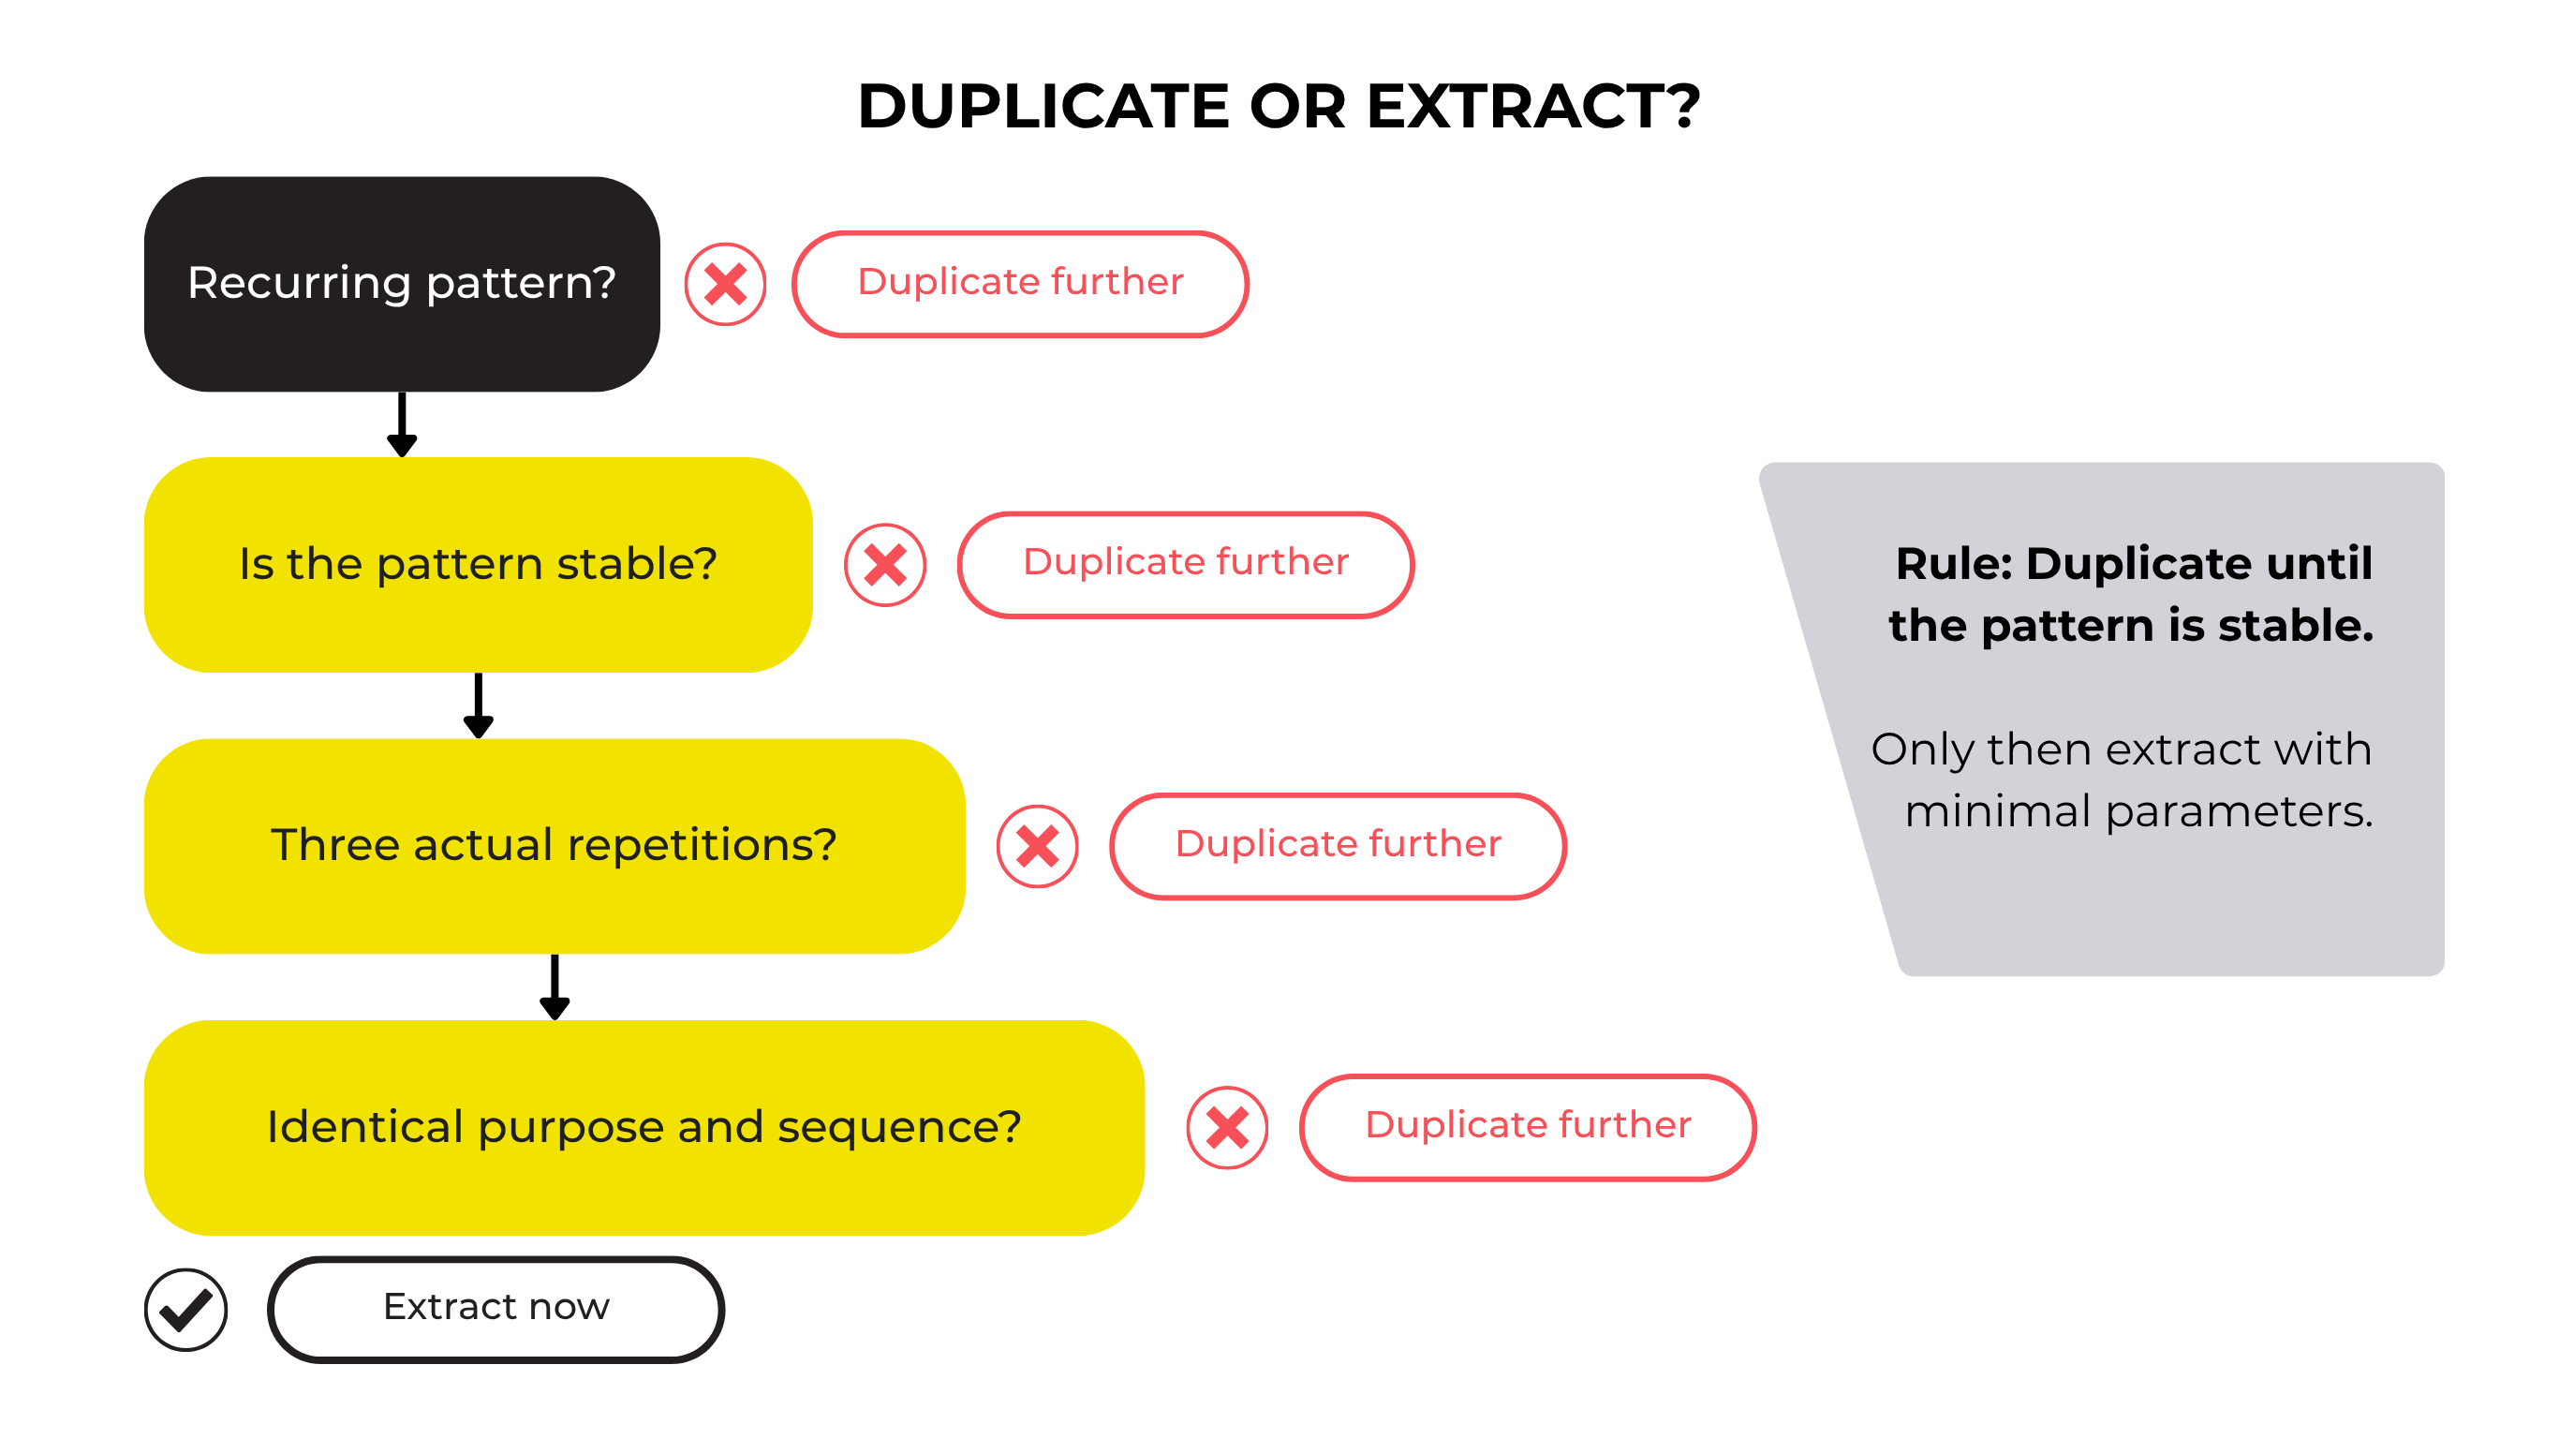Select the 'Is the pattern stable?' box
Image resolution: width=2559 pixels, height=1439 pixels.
click(x=478, y=565)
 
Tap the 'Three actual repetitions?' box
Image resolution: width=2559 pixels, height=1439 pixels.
click(x=555, y=846)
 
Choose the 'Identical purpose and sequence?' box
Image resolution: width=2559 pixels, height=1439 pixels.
click(x=643, y=1127)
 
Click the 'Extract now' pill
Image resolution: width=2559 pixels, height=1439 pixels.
click(x=496, y=1309)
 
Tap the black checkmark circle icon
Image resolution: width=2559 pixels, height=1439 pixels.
click(x=185, y=1309)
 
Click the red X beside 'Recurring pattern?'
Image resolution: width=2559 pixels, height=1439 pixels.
click(x=725, y=284)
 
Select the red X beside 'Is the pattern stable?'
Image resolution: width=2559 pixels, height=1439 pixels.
click(x=885, y=565)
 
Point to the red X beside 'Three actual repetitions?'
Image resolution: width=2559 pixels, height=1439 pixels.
click(x=1037, y=846)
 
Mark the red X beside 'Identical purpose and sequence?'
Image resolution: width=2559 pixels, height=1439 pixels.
click(x=1227, y=1127)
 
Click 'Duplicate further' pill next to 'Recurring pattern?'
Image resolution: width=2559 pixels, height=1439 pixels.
click(x=1020, y=284)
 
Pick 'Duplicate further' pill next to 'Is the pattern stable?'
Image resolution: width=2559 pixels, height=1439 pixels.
click(x=1186, y=565)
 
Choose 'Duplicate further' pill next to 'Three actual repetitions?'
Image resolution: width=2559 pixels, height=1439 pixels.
click(x=1339, y=846)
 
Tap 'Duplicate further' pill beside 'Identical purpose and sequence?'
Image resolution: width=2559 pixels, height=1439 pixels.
click(x=1528, y=1127)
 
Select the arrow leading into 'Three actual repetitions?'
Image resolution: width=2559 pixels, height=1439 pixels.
click(x=478, y=705)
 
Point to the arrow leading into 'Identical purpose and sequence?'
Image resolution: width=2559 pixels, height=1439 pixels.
click(x=555, y=987)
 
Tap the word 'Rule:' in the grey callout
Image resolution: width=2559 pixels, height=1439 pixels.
click(x=1953, y=563)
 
